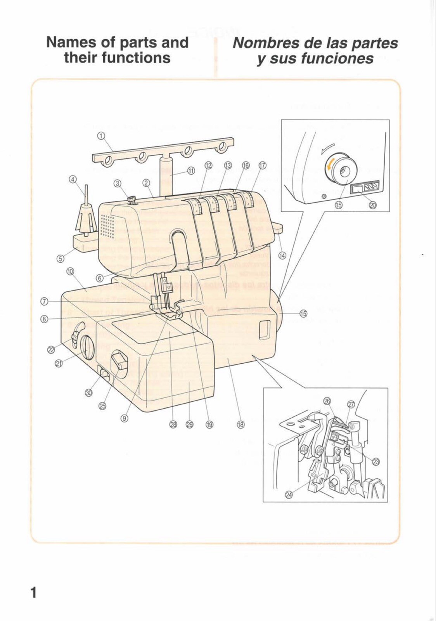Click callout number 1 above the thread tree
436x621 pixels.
[x=102, y=136]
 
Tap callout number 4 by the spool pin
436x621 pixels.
[x=72, y=179]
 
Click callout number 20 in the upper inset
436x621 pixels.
[x=372, y=205]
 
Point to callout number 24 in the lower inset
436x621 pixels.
[x=289, y=494]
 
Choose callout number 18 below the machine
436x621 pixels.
[x=240, y=425]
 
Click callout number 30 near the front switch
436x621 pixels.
[x=89, y=393]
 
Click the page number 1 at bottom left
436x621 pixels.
[x=34, y=593]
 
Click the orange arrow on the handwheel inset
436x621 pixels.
[x=329, y=166]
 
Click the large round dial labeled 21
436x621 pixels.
[x=87, y=347]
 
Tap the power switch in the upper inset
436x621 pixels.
[x=357, y=189]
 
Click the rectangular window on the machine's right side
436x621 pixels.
[x=264, y=328]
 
